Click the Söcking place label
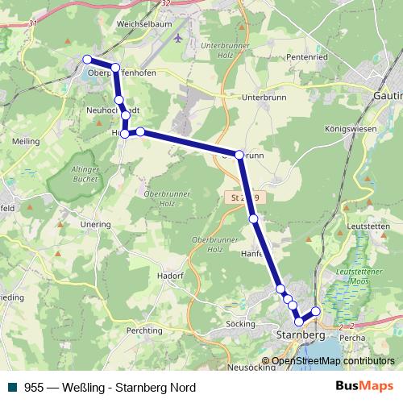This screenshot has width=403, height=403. click(236, 323)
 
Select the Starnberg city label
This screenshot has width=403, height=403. click(300, 334)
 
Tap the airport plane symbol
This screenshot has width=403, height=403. click(178, 37)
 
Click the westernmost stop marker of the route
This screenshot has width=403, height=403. click(87, 59)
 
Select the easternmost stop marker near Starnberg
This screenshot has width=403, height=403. click(316, 311)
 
